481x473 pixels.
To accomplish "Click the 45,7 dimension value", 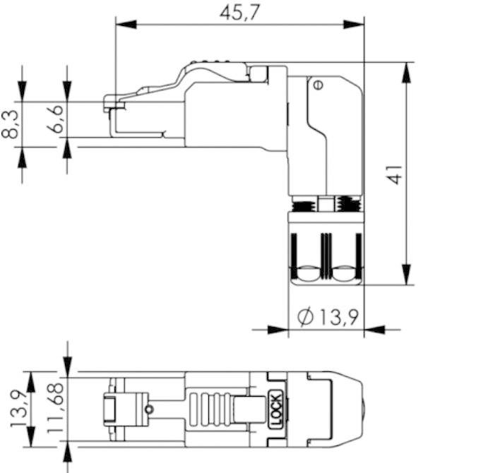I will (238, 13).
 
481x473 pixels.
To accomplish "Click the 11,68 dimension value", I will (57, 409).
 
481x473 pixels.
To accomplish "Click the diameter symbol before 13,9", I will (305, 318).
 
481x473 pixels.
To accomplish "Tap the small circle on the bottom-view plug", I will (148, 409).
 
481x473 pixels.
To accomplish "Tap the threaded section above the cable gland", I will (326, 205).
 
